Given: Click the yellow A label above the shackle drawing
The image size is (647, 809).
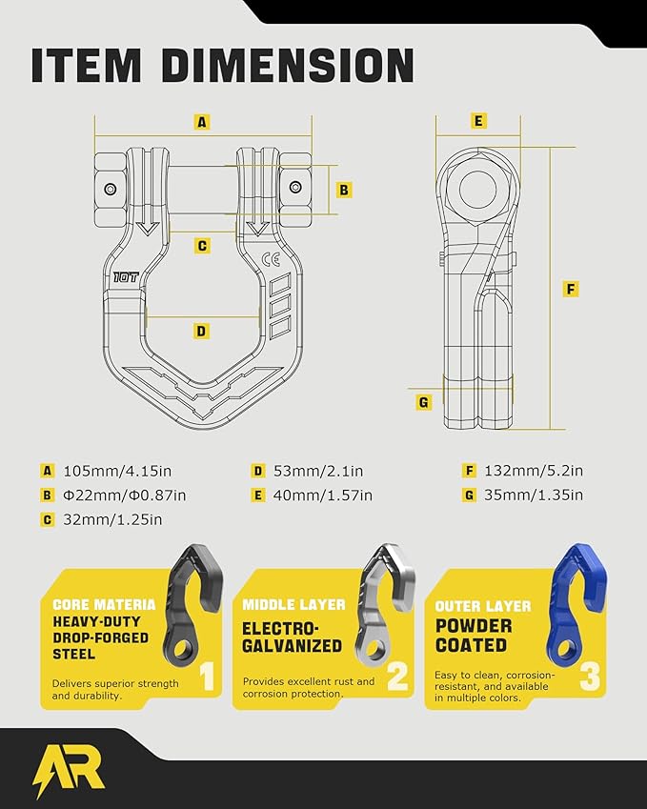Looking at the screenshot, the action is pyautogui.click(x=202, y=122).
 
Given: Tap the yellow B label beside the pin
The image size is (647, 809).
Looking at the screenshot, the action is pyautogui.click(x=344, y=190).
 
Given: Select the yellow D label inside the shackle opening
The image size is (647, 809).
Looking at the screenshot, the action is pyautogui.click(x=201, y=331).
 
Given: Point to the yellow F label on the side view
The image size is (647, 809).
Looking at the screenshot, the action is pyautogui.click(x=570, y=289).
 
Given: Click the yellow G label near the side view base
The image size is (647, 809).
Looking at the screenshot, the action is pyautogui.click(x=424, y=402).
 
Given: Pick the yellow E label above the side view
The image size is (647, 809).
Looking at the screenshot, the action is pyautogui.click(x=478, y=121).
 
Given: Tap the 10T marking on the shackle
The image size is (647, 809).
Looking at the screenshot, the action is pyautogui.click(x=126, y=277).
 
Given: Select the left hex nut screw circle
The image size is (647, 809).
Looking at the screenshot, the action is pyautogui.click(x=110, y=189).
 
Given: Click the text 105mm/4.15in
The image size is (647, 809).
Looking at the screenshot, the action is pyautogui.click(x=117, y=471).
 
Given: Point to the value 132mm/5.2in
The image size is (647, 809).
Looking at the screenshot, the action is pyautogui.click(x=534, y=471).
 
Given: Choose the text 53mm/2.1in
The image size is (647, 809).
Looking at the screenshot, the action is pyautogui.click(x=318, y=471).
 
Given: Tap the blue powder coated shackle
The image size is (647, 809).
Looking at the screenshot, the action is pyautogui.click(x=576, y=604).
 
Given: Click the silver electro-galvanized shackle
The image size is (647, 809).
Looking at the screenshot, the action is pyautogui.click(x=385, y=604).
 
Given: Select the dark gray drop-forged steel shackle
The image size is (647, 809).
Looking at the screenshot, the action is pyautogui.click(x=193, y=604).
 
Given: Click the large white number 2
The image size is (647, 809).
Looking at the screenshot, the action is pyautogui.click(x=397, y=676).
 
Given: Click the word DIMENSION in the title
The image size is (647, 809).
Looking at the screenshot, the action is pyautogui.click(x=288, y=66).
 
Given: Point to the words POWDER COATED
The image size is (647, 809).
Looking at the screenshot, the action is pyautogui.click(x=474, y=636).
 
